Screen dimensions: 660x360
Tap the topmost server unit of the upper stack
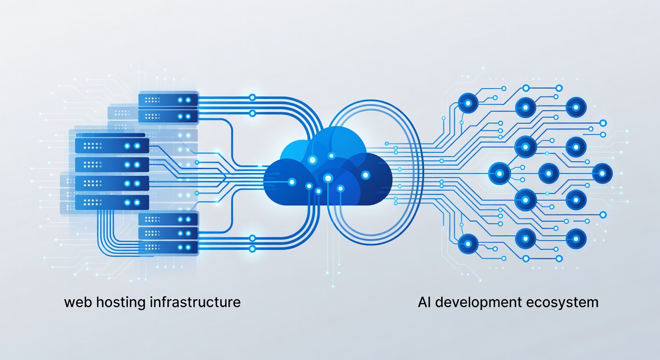click(x=168, y=100)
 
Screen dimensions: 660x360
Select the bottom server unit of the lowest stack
click(x=168, y=247)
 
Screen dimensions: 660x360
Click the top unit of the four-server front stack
click(x=112, y=146)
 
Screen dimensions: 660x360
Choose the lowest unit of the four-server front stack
click(x=112, y=202)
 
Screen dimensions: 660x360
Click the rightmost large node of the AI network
click(x=602, y=174)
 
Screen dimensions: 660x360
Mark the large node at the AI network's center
click(x=548, y=174)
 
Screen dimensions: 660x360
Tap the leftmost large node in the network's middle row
click(x=499, y=174)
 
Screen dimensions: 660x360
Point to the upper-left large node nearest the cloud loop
click(x=468, y=103)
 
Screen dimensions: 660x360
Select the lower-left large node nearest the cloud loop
click(x=468, y=244)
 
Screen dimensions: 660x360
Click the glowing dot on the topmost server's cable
click(x=252, y=97)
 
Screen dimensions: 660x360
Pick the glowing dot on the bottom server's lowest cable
click(x=252, y=249)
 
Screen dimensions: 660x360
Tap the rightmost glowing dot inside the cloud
click(x=366, y=175)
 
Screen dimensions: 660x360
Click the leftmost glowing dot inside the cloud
click(x=292, y=182)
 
